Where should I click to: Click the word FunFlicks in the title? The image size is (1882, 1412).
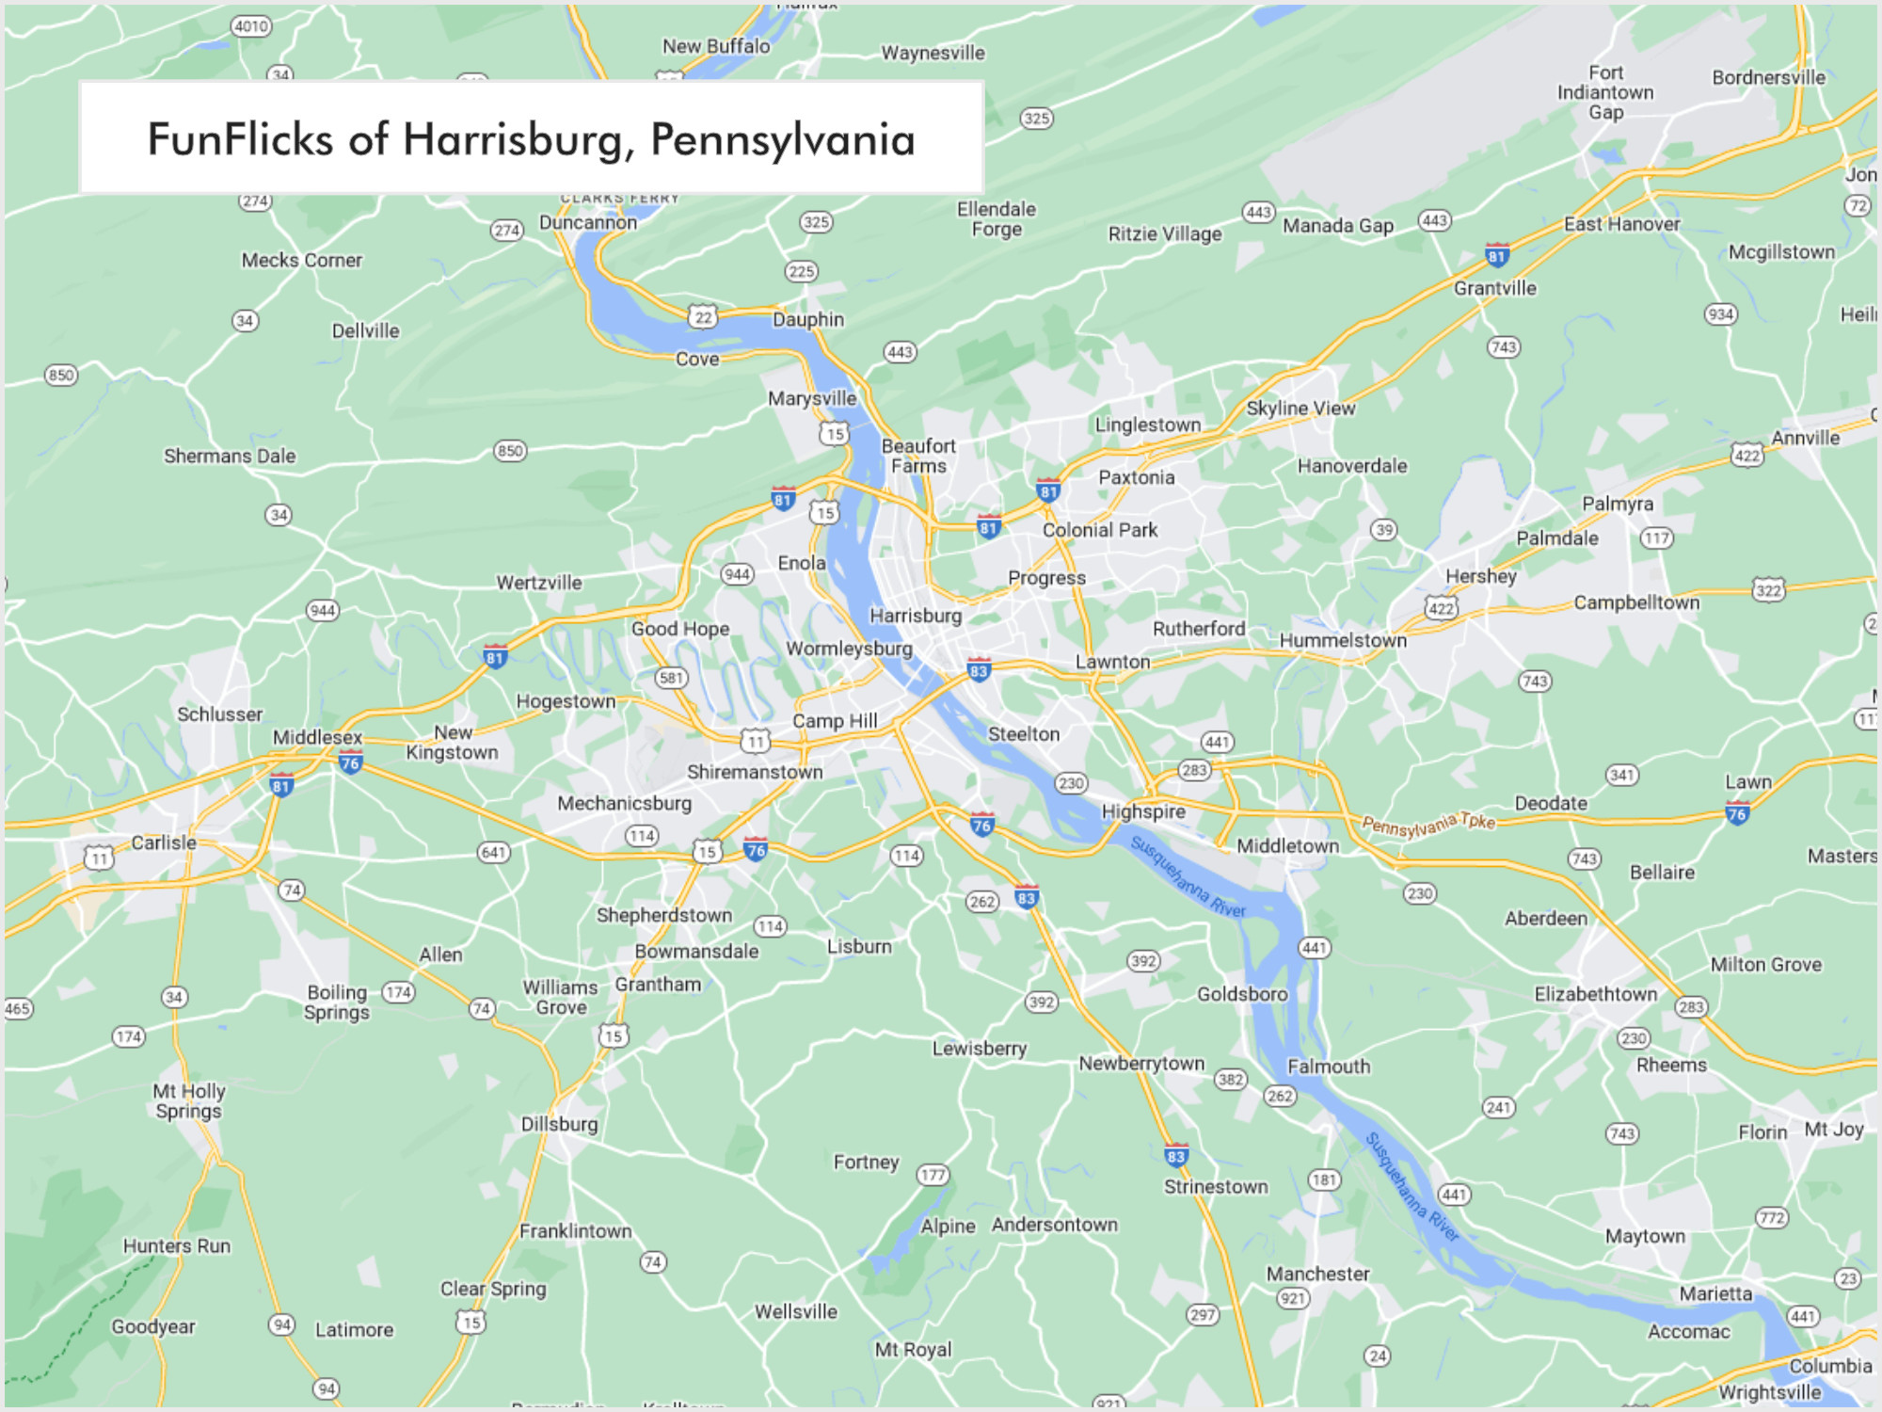[x=240, y=139]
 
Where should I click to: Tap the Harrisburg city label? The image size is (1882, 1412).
[x=915, y=616]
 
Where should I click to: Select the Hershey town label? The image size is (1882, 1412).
[x=1480, y=576]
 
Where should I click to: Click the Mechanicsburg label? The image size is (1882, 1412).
[x=624, y=803]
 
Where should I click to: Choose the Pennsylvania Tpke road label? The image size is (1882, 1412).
[x=1428, y=825]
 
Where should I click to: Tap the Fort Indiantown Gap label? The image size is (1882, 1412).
[x=1605, y=92]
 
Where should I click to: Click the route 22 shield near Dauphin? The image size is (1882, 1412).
[x=703, y=317]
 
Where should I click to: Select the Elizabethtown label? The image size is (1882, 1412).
[x=1596, y=994]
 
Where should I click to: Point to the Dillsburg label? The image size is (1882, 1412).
[x=559, y=1124]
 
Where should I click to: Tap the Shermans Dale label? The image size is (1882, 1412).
[x=230, y=456]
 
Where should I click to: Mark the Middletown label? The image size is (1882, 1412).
[x=1287, y=845]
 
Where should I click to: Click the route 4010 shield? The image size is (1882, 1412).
[x=251, y=26]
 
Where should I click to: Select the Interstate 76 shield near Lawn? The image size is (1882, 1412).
[x=1737, y=813]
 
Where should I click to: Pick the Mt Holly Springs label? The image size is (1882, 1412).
[x=189, y=1101]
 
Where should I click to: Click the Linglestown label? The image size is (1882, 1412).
[x=1147, y=425]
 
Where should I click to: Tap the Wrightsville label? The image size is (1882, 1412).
[x=1769, y=1392]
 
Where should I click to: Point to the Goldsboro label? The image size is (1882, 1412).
[x=1242, y=994]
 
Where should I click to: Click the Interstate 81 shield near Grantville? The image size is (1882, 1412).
[x=1497, y=255]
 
